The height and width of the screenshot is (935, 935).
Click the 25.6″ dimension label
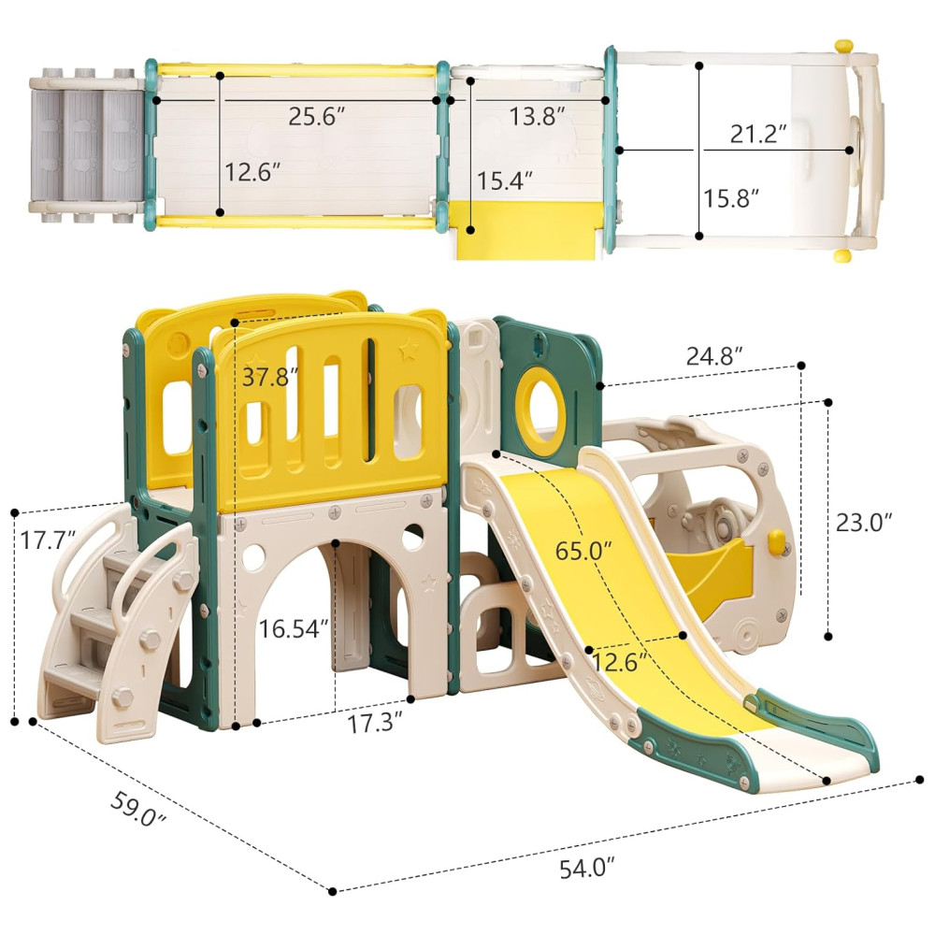pos(317,116)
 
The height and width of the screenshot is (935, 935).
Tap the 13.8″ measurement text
pos(537,116)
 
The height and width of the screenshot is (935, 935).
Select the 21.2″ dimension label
pos(758,134)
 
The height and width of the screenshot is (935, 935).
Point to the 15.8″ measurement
pos(731,198)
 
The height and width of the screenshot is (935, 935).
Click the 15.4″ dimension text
pos(505,180)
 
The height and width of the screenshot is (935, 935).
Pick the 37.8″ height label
pos(269,378)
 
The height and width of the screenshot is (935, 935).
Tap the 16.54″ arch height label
pos(294,628)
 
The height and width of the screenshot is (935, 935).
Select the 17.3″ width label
pos(375,724)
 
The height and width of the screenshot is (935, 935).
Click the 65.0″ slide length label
pos(583,551)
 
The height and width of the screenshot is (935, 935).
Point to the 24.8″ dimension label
pos(714,356)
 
